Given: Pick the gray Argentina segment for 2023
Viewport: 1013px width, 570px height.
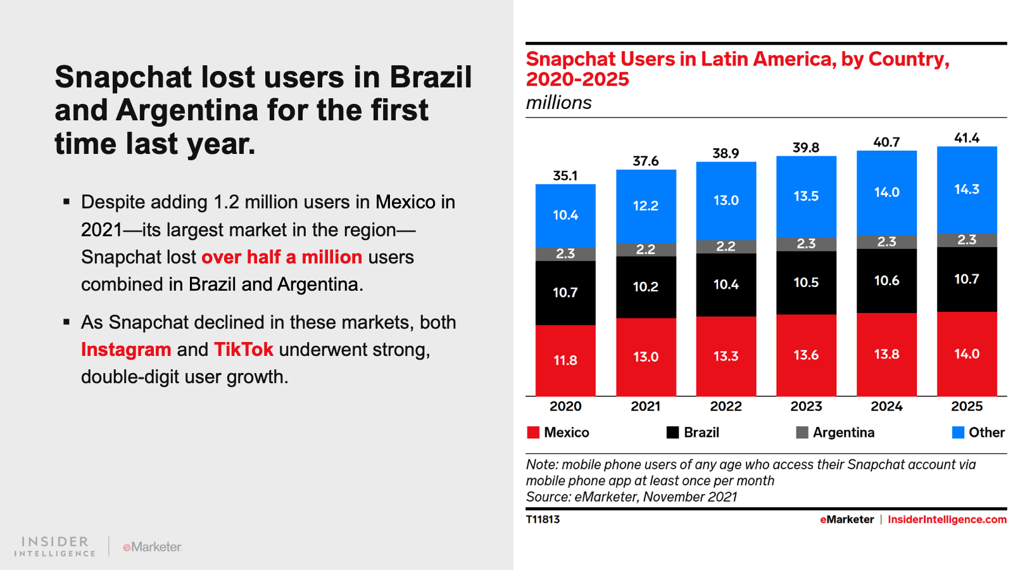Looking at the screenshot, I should [x=806, y=244].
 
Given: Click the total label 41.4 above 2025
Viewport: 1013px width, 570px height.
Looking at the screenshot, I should [x=967, y=138].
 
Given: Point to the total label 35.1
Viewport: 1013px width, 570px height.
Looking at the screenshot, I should [x=565, y=175].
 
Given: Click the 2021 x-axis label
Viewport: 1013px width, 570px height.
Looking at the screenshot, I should [x=645, y=407].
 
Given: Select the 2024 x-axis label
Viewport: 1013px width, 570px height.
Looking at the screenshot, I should [x=886, y=407].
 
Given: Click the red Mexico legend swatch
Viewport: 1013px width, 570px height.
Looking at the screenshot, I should [x=533, y=433].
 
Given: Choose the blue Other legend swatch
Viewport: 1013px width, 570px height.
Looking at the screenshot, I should [x=958, y=433].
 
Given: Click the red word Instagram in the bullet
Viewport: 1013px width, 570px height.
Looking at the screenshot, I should [x=126, y=350].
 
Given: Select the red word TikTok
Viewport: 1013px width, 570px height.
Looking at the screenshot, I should [x=244, y=350].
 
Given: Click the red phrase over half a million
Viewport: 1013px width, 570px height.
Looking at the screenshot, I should [x=282, y=257].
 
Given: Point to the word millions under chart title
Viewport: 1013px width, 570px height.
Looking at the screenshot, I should [x=558, y=103].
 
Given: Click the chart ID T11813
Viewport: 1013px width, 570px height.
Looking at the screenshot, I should [x=543, y=519].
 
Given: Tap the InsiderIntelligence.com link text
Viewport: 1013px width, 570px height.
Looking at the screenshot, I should [x=947, y=519].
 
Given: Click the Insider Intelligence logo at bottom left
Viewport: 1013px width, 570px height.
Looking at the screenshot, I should [x=55, y=547].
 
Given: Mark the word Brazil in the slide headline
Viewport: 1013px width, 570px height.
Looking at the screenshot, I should [x=431, y=77].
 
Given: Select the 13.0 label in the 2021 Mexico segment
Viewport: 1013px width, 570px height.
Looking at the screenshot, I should [x=645, y=357].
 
